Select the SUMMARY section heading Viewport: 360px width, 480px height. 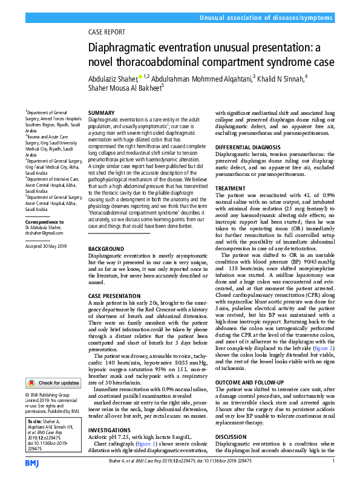101,113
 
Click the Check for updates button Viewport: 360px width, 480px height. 53,383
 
